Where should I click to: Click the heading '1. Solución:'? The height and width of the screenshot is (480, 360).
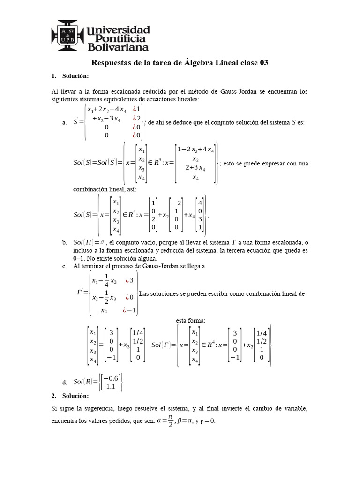click(x=69, y=76)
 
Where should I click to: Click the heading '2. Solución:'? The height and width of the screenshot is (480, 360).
click(x=69, y=396)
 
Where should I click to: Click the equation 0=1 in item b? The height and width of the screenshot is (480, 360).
click(x=82, y=258)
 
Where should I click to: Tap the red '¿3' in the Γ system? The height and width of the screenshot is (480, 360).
click(x=128, y=280)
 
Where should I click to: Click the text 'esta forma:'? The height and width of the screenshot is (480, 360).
click(x=191, y=321)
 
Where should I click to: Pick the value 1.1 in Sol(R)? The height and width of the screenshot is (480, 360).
click(x=111, y=387)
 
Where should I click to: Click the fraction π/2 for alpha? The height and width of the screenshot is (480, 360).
click(x=170, y=420)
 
